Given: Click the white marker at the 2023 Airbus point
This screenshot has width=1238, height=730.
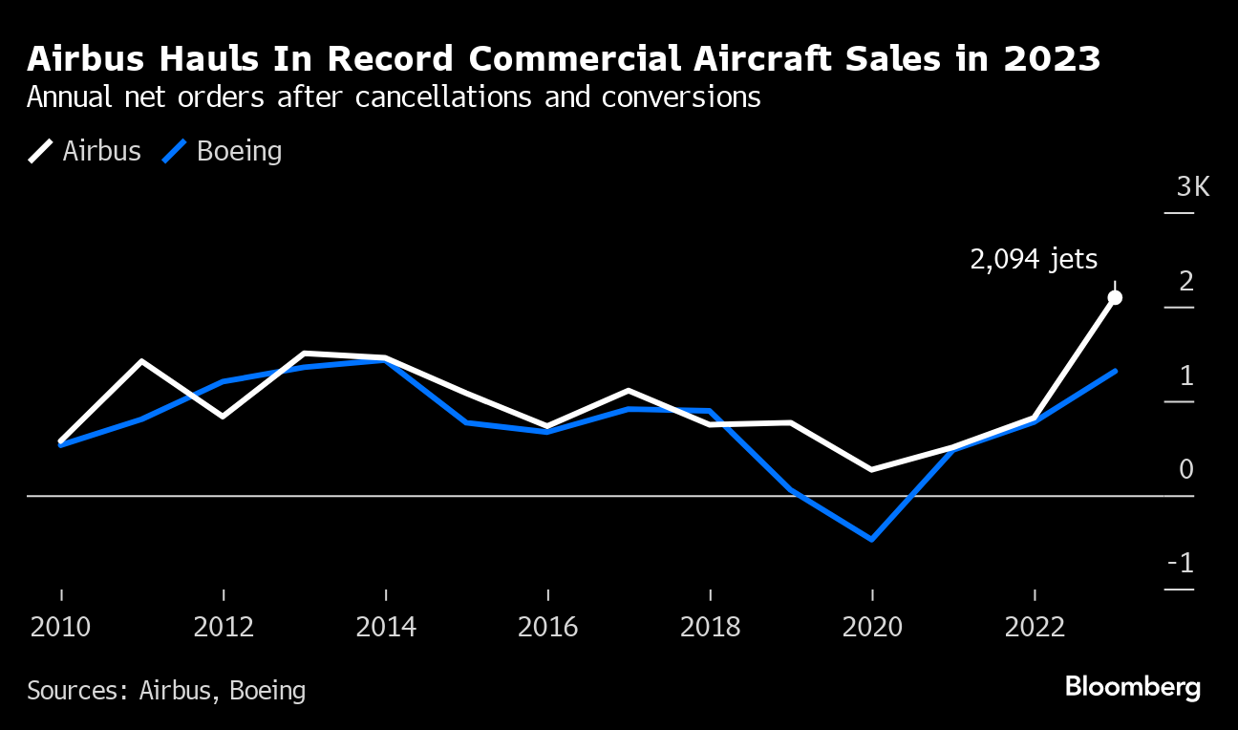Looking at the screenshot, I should pyautogui.click(x=1115, y=298).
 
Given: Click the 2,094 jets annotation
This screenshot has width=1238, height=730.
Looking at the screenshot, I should pyautogui.click(x=1034, y=259).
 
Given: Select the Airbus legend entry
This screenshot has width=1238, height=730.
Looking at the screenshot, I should pyautogui.click(x=86, y=151).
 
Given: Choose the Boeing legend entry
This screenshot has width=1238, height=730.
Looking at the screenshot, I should pyautogui.click(x=224, y=151).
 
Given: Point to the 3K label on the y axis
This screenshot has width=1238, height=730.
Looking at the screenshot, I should pyautogui.click(x=1193, y=186).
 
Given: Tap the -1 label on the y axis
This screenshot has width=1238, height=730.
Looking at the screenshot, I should pyautogui.click(x=1182, y=564).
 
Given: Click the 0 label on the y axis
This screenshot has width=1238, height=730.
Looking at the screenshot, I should pyautogui.click(x=1187, y=469).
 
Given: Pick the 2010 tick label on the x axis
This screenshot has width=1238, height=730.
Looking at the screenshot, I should pyautogui.click(x=61, y=627).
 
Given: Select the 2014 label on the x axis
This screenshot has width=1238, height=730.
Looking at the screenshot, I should pyautogui.click(x=386, y=627).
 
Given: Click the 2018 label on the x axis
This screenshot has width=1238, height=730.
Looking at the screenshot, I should pyautogui.click(x=710, y=627).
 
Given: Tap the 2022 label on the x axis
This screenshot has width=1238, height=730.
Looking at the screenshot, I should pyautogui.click(x=1035, y=627).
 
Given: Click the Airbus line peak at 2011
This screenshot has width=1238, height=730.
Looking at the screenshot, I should pyautogui.click(x=142, y=361).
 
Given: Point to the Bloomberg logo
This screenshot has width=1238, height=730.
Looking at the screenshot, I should pyautogui.click(x=1132, y=687).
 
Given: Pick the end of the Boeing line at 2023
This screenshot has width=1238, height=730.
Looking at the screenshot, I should pyautogui.click(x=1115, y=371).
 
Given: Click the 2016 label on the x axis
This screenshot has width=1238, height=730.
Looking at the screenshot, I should pyautogui.click(x=547, y=627).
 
